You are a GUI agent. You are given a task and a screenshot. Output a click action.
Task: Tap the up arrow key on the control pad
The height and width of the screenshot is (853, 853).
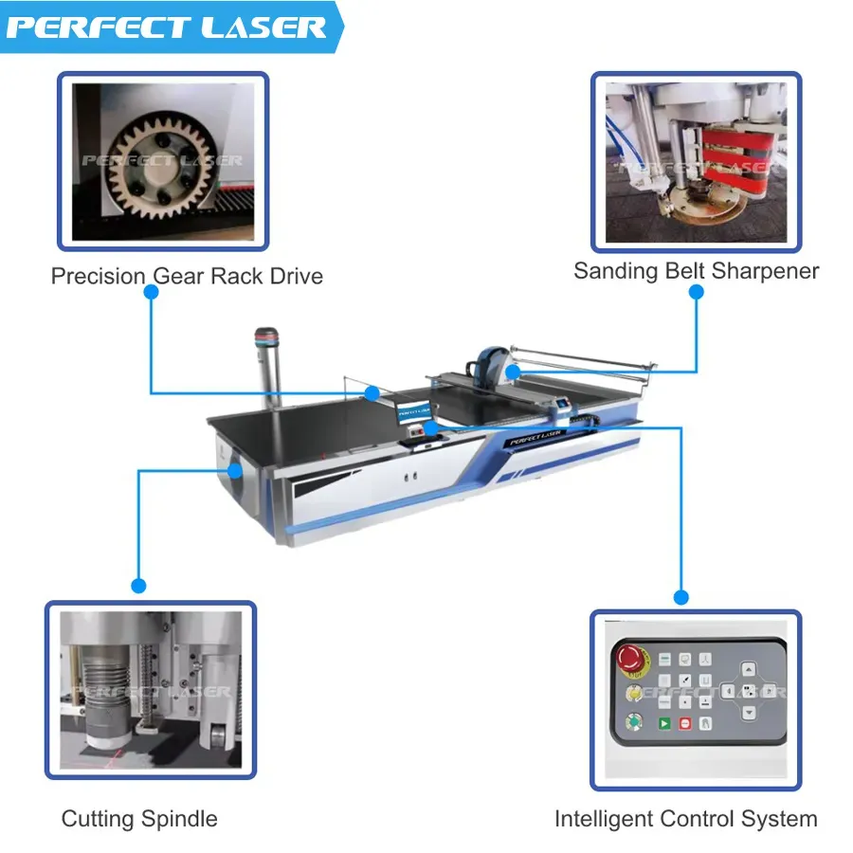click(749, 669)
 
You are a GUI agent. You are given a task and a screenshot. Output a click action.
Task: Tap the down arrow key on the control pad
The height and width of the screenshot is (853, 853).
click(749, 712)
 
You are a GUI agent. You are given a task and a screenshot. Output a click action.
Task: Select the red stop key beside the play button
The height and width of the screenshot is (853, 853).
click(685, 723)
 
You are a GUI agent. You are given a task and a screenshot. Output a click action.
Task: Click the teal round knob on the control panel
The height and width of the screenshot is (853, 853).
click(634, 722)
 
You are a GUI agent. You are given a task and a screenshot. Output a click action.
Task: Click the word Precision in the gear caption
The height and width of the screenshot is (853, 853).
click(99, 277)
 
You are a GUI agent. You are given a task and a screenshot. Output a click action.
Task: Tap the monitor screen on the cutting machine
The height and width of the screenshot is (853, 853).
click(414, 411)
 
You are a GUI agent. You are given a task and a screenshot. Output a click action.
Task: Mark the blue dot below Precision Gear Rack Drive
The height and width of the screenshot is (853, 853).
click(152, 292)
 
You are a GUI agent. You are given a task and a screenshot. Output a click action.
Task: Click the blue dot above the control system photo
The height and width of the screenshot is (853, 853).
click(681, 597)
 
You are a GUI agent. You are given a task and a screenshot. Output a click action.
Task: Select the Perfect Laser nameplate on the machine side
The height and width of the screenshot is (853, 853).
click(535, 437)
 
